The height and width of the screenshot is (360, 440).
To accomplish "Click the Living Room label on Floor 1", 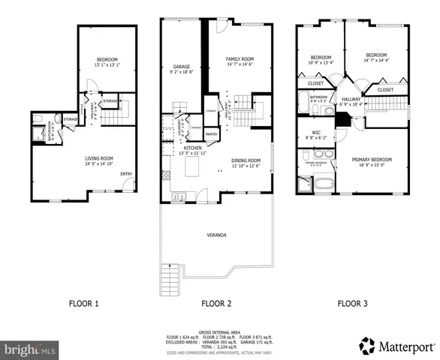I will tap(98, 159).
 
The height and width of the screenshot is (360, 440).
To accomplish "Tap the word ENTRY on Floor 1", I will tap(127, 174).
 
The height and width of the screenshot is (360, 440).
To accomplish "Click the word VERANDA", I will tap(216, 236).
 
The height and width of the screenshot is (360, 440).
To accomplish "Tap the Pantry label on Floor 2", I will tap(211, 135).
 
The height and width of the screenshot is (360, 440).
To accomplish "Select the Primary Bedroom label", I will tap(372, 160).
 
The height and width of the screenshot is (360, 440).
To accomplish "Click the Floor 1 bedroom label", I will tap(109, 61).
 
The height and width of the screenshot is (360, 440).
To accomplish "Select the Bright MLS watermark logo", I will tap(30, 349).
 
